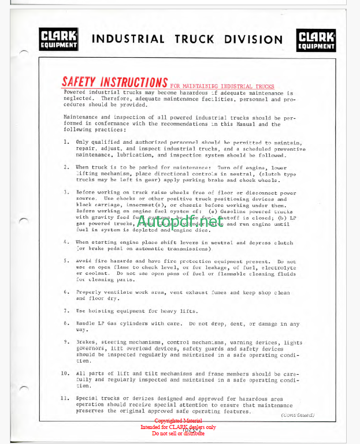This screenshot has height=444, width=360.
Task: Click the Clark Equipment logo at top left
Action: [x=58, y=40]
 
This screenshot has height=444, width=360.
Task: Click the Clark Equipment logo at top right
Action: [x=316, y=40]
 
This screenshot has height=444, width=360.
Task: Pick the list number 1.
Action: [x=66, y=142]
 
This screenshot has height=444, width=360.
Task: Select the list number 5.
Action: [x=66, y=261]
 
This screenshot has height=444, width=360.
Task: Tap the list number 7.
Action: [x=66, y=311]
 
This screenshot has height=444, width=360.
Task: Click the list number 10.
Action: [x=66, y=373]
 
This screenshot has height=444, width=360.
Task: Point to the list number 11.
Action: [x=66, y=398]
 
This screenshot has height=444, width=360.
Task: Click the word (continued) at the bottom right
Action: [x=297, y=415]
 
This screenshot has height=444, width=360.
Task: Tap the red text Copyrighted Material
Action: [x=178, y=421]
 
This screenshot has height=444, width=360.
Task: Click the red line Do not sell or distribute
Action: [x=178, y=433]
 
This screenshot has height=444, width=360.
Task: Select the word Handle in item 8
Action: [x=86, y=324]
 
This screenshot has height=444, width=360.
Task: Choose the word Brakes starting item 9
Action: [x=86, y=342]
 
